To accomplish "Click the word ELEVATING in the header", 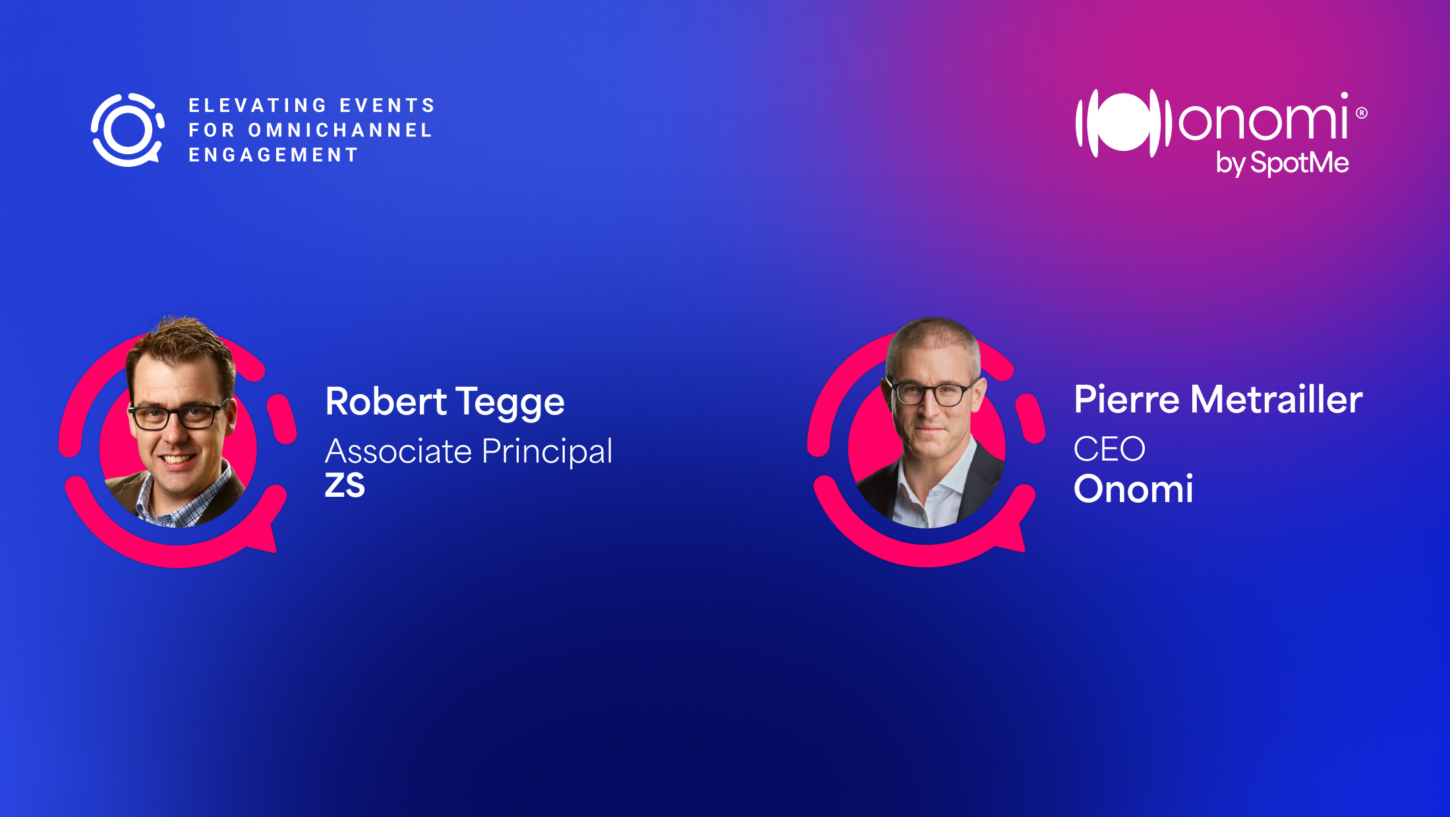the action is tap(258, 105).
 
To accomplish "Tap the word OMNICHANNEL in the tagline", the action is tap(340, 130).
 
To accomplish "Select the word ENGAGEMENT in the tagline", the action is tap(274, 155).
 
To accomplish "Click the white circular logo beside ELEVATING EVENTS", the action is tap(128, 130).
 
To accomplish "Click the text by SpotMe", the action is tap(1283, 163).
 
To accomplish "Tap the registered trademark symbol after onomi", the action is tap(1362, 113).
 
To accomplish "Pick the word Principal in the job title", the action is tap(547, 453).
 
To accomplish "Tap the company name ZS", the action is tap(345, 486).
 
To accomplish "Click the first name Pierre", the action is tap(1126, 399).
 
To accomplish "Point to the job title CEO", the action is tap(1109, 449).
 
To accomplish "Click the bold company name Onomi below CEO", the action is tap(1133, 489).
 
